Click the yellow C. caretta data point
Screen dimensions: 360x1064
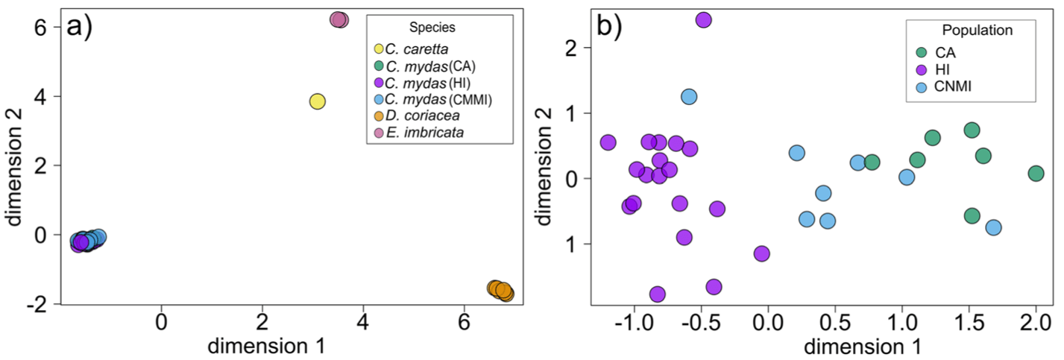pos(318,101)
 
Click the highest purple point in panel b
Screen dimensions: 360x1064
pos(703,19)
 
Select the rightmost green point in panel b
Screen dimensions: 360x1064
pos(1036,173)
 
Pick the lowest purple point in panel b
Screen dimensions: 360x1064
pos(657,294)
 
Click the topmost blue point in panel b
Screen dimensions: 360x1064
pos(689,96)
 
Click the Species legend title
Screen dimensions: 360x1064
pos(432,28)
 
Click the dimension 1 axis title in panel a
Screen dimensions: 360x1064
pos(265,346)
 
